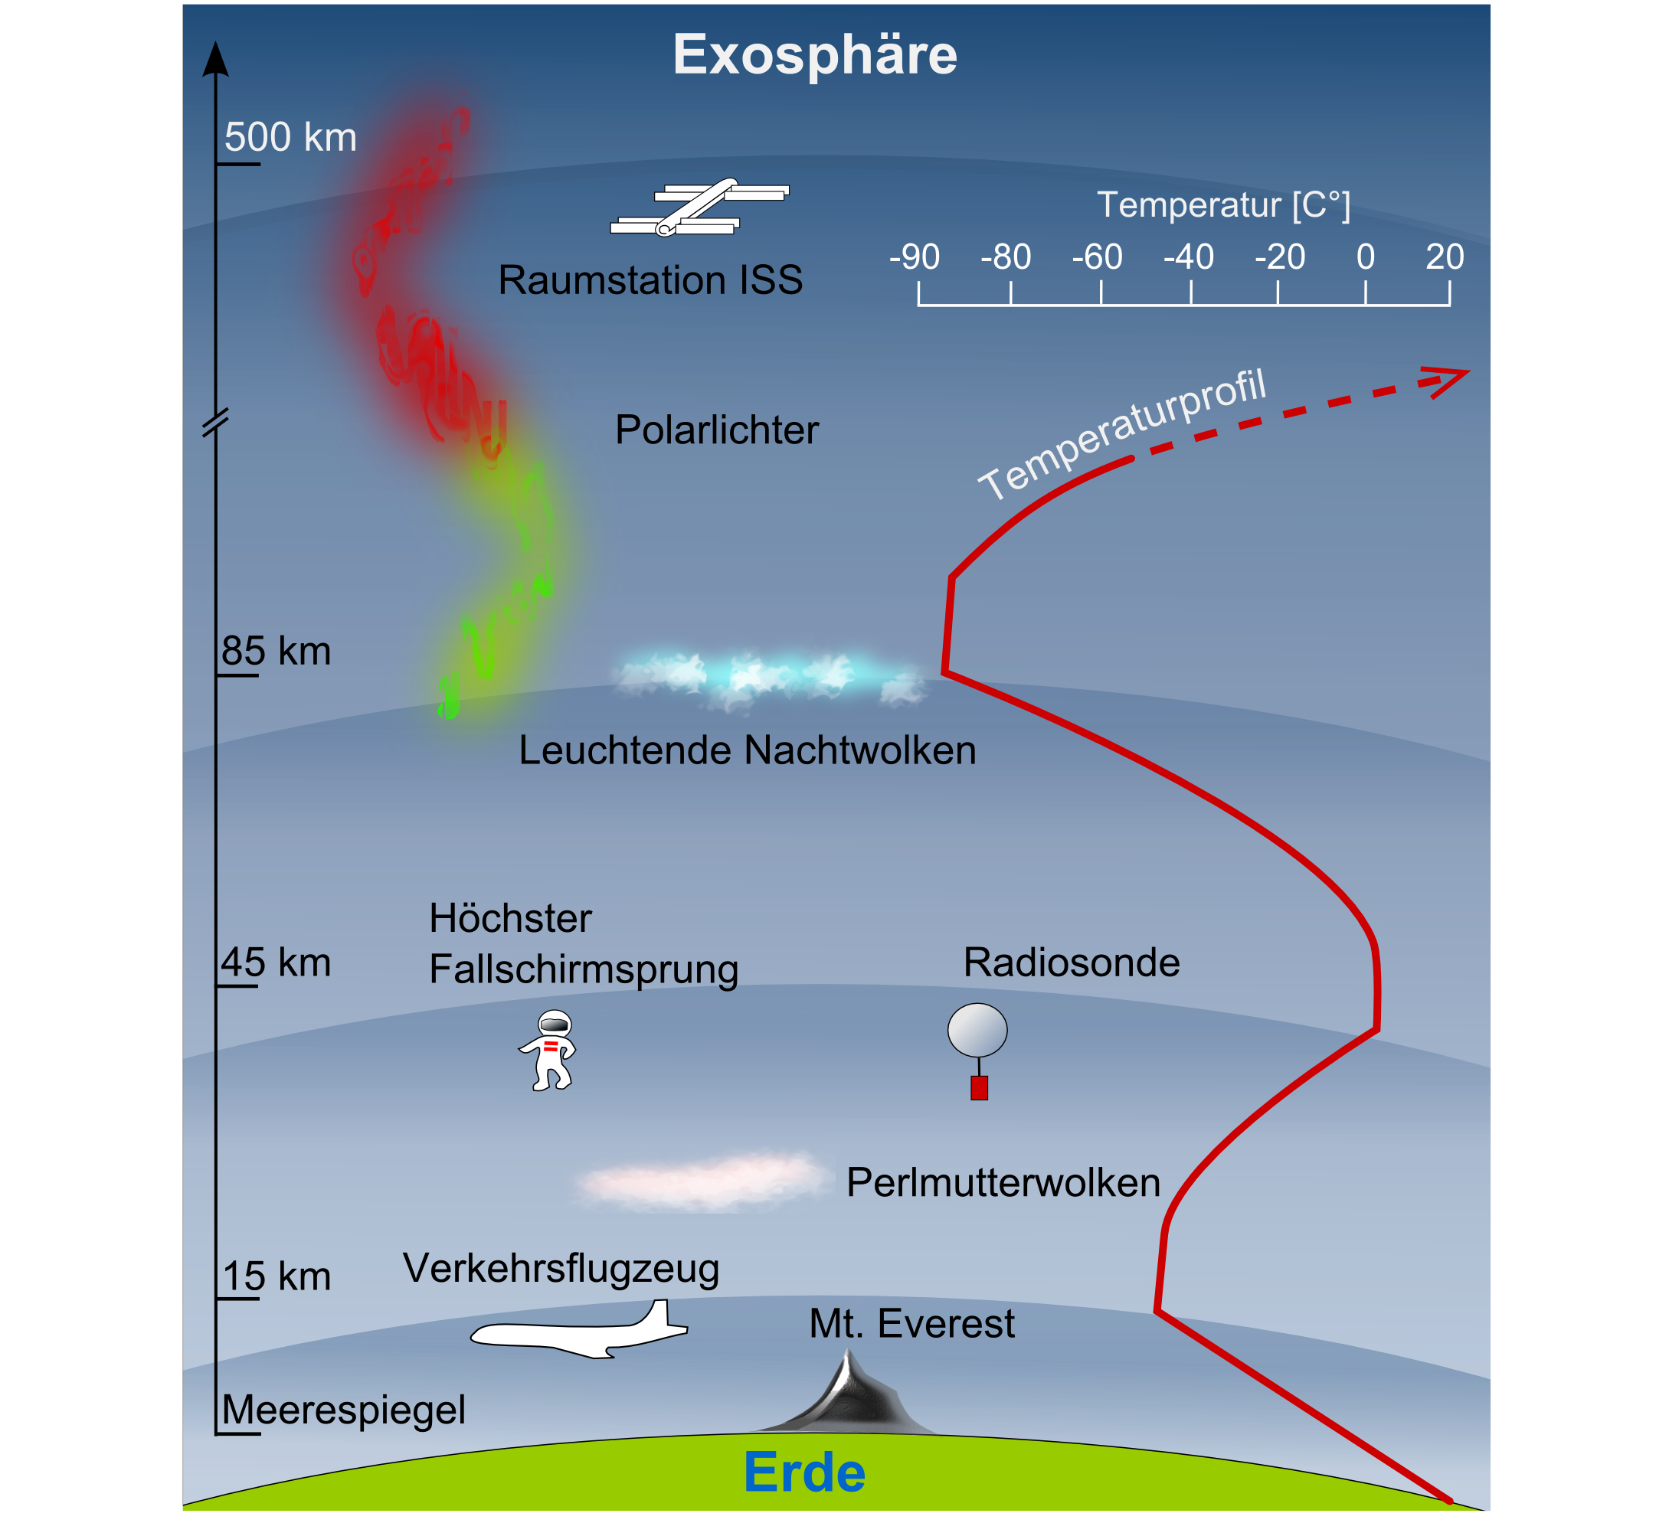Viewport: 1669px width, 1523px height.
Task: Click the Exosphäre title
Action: [x=815, y=54]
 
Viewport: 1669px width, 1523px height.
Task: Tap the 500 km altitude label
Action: [x=290, y=137]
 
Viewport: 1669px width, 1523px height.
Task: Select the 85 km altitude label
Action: [x=276, y=652]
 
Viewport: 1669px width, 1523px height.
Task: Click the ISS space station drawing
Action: [x=700, y=208]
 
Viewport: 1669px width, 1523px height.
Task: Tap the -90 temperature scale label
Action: [x=914, y=257]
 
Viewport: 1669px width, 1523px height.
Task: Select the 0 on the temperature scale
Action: [x=1365, y=257]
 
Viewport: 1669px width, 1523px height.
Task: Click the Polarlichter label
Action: [x=717, y=430]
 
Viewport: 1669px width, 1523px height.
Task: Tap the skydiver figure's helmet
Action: [x=555, y=1023]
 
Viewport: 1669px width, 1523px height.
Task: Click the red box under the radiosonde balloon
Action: [x=980, y=1087]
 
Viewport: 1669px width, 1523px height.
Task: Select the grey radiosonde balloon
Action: [x=977, y=1030]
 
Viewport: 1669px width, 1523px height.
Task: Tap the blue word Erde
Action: [x=804, y=1473]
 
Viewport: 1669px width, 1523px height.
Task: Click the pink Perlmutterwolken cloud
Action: [x=702, y=1182]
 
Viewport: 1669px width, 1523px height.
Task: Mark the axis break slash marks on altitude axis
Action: [x=215, y=422]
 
